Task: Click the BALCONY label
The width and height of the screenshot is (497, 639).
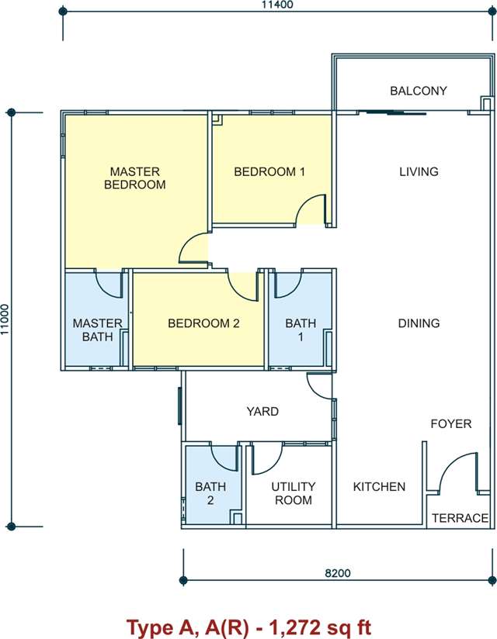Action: click(x=419, y=91)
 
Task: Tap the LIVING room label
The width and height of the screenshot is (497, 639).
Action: click(x=419, y=171)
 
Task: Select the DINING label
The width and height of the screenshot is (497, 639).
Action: click(x=419, y=323)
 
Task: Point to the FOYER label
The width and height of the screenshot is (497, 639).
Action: click(x=451, y=424)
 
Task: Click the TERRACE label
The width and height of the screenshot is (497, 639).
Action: click(x=460, y=518)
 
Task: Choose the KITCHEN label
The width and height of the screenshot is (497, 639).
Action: click(x=379, y=486)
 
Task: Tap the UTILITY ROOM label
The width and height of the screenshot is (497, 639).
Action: click(x=294, y=493)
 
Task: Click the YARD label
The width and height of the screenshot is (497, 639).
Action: click(x=262, y=412)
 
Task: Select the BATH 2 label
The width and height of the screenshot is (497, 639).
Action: click(x=210, y=493)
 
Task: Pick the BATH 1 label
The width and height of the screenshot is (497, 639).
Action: click(x=301, y=330)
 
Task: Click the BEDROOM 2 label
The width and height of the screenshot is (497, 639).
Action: click(x=203, y=323)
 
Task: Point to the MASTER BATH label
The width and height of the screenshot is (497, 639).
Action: click(x=98, y=330)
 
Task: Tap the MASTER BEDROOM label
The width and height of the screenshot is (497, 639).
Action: click(x=134, y=178)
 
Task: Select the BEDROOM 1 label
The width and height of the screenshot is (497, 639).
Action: click(x=269, y=171)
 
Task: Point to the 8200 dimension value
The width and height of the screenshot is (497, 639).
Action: click(x=338, y=573)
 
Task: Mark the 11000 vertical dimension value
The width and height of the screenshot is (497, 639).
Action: click(x=5, y=319)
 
